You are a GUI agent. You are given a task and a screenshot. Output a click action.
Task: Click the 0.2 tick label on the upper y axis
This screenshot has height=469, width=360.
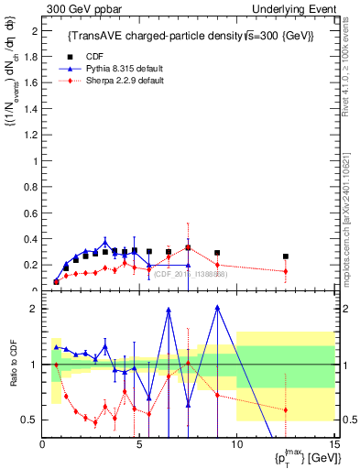point(34,266)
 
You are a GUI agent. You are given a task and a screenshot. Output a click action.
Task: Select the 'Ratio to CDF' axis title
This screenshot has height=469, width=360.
point(14,376)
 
